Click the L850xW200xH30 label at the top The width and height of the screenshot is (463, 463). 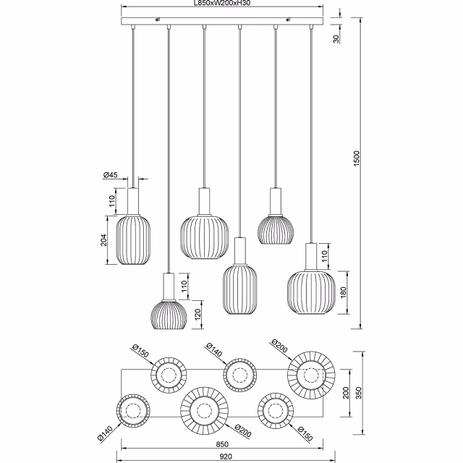(x=222, y=4)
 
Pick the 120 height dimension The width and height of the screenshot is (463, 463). (x=197, y=313)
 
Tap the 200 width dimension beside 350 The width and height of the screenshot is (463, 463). (x=346, y=392)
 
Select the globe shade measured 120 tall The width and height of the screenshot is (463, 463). (x=169, y=315)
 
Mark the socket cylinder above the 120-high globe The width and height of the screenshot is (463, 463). (x=169, y=286)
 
